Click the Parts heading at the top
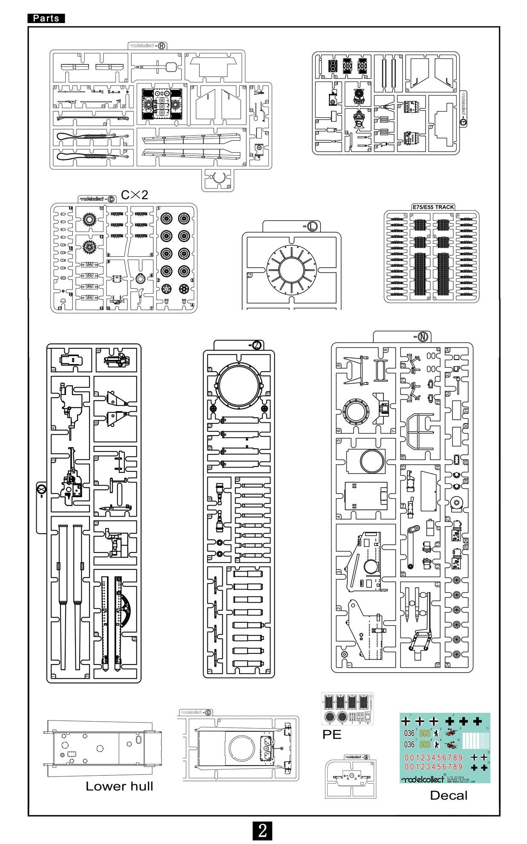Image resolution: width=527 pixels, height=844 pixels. (x=46, y=18)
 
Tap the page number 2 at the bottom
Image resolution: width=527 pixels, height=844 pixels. (x=262, y=830)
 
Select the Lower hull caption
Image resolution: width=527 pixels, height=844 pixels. (x=119, y=786)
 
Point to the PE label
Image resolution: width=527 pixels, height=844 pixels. (x=332, y=734)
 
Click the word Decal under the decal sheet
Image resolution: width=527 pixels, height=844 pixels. (x=449, y=795)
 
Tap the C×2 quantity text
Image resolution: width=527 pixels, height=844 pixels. (x=135, y=195)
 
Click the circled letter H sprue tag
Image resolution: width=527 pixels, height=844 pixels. (x=162, y=46)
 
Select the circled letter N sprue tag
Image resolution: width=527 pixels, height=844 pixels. (x=423, y=336)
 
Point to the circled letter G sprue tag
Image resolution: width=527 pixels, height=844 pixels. (x=208, y=713)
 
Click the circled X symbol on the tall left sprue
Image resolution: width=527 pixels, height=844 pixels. (x=41, y=488)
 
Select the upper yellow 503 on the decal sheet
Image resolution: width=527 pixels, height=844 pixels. (x=425, y=734)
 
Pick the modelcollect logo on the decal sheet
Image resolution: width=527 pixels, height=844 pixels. (x=422, y=779)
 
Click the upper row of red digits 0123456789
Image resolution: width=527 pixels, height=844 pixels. (x=433, y=758)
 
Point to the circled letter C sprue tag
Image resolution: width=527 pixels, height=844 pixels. (x=110, y=199)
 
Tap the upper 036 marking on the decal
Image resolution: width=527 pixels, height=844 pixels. (x=409, y=734)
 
